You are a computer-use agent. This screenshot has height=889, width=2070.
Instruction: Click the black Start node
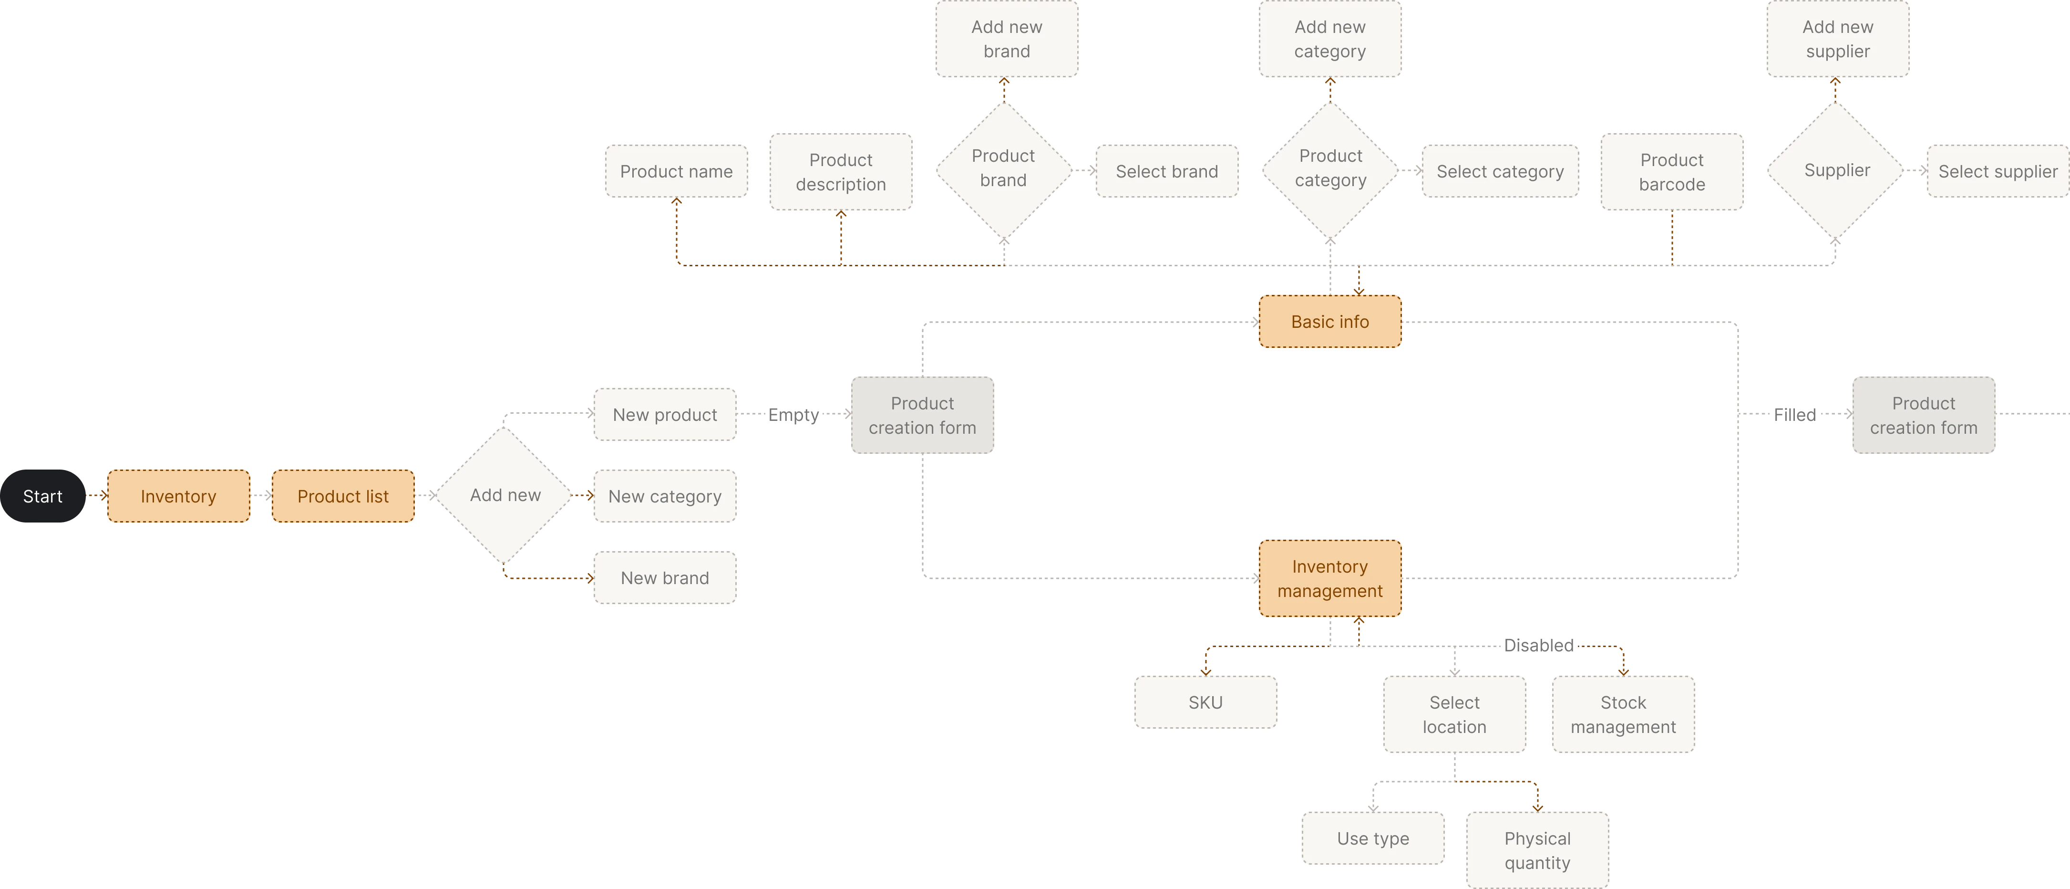click(x=42, y=496)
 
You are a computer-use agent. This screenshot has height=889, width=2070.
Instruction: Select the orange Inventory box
click(x=178, y=496)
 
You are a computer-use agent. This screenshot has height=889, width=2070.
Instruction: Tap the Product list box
click(x=343, y=496)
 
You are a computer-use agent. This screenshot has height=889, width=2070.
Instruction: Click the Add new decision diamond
click(x=505, y=495)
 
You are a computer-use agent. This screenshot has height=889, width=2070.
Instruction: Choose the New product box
click(x=665, y=415)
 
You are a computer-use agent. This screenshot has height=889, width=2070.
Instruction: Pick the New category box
click(x=665, y=496)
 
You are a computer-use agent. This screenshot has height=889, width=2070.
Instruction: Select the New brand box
click(x=665, y=578)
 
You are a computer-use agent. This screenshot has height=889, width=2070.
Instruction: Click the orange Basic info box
click(x=1330, y=322)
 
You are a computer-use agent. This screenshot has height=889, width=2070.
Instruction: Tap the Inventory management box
click(x=1330, y=579)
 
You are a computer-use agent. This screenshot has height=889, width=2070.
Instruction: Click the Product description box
click(x=841, y=172)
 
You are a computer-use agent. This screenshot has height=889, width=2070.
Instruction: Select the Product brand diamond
click(x=1003, y=169)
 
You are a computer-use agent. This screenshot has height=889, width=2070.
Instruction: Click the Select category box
click(x=1500, y=171)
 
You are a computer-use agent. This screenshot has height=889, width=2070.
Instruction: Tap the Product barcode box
click(x=1671, y=172)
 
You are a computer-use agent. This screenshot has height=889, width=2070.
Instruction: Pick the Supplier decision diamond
click(x=1836, y=170)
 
